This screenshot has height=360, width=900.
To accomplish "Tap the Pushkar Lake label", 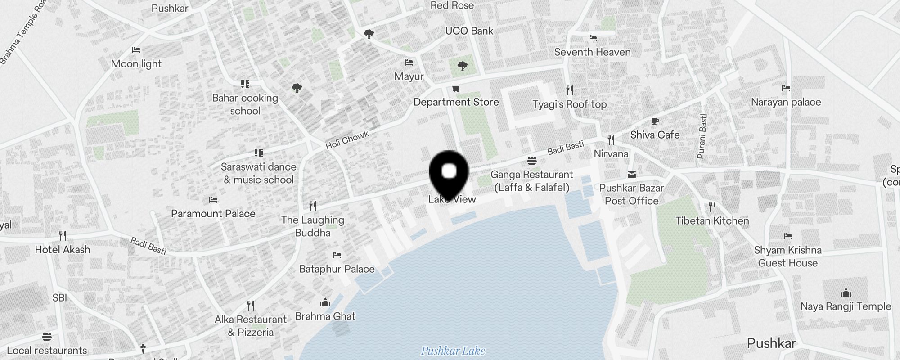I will point(453,351).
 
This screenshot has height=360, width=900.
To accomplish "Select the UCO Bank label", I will point(469,31).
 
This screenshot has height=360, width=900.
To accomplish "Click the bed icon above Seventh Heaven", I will point(593,38).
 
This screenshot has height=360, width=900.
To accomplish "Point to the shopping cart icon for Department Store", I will point(456,88).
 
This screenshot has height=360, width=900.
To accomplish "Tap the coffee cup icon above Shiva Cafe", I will point(655,121).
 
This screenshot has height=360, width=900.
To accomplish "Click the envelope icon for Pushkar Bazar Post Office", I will point(632,174).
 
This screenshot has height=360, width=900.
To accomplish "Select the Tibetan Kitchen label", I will point(712,220).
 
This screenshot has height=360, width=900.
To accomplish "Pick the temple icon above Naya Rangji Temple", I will point(846,292).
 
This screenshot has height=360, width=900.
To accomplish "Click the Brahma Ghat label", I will point(325,316).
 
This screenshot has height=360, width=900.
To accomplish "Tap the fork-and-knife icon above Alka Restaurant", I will point(251,306).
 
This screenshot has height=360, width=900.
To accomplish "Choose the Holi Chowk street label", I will point(347,139).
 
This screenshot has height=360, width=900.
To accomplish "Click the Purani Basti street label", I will point(702,136).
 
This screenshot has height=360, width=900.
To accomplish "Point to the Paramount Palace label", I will point(213,213).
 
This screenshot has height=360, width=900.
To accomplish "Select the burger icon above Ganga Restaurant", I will point(531,161).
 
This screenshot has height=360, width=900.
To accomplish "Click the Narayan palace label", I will point(786,102).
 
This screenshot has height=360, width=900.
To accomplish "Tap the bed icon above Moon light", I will point(136,49).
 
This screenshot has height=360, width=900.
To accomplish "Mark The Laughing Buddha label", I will point(313,226).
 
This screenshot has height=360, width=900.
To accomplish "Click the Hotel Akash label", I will point(63,249).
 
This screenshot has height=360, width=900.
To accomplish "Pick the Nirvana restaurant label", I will point(611,153).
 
